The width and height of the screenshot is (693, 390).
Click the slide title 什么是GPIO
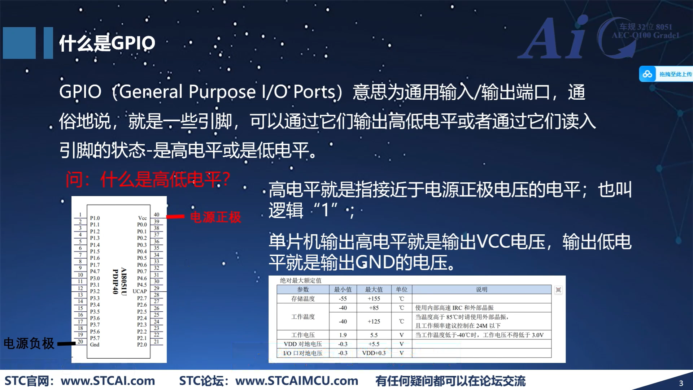[107, 43]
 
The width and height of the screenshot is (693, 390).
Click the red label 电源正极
[215, 217]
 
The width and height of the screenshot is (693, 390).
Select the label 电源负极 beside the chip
[29, 343]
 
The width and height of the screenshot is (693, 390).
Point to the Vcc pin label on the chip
[142, 218]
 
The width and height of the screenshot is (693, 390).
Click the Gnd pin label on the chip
[95, 344]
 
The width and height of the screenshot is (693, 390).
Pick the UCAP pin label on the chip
[140, 291]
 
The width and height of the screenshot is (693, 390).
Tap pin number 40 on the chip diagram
[156, 214]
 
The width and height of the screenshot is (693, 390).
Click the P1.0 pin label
[95, 218]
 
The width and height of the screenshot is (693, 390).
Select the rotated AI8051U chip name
[123, 281]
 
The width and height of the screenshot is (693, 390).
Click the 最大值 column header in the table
[374, 290]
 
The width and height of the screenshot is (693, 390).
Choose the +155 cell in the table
[374, 299]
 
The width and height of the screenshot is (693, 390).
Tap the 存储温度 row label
[303, 299]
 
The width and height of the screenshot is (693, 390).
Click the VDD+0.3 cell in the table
[374, 353]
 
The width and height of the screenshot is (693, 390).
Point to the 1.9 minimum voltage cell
[343, 335]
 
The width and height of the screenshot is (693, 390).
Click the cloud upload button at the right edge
[666, 74]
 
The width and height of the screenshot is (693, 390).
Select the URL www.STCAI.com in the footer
[108, 381]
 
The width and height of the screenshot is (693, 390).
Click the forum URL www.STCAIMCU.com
[297, 381]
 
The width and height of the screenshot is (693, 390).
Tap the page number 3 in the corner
[681, 383]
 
